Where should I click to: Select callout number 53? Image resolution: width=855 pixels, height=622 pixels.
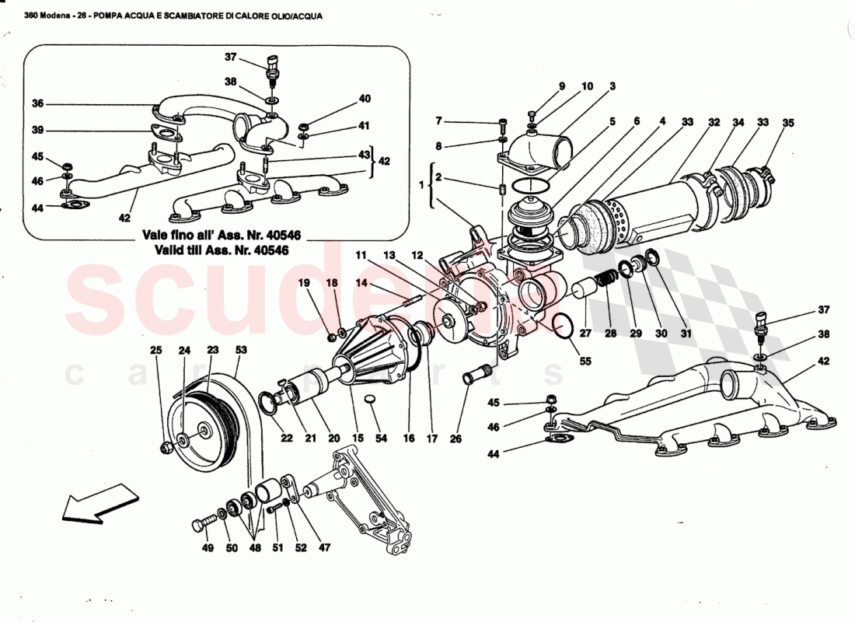241,351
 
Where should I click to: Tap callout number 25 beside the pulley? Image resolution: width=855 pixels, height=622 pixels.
155,351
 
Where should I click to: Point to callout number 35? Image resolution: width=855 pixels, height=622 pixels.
789,122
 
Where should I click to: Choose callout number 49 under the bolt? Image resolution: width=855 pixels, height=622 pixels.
207,547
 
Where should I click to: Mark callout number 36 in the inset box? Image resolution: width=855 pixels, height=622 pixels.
38,103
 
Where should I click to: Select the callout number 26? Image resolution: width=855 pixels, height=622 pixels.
455,439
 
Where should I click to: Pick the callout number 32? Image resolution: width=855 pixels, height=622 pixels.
714,122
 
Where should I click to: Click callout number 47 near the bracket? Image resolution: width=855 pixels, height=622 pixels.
324,547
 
